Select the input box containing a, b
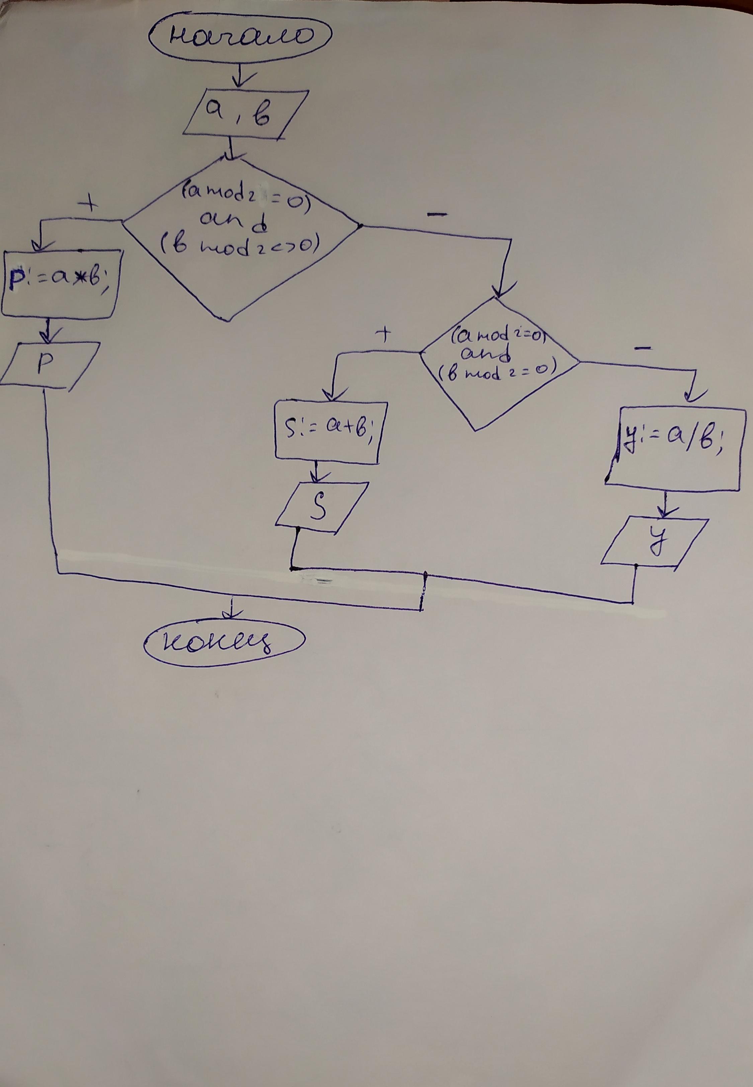tap(245, 115)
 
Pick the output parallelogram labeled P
tap(49, 365)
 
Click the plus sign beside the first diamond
tap(89, 204)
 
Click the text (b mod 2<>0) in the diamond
tap(238, 247)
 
